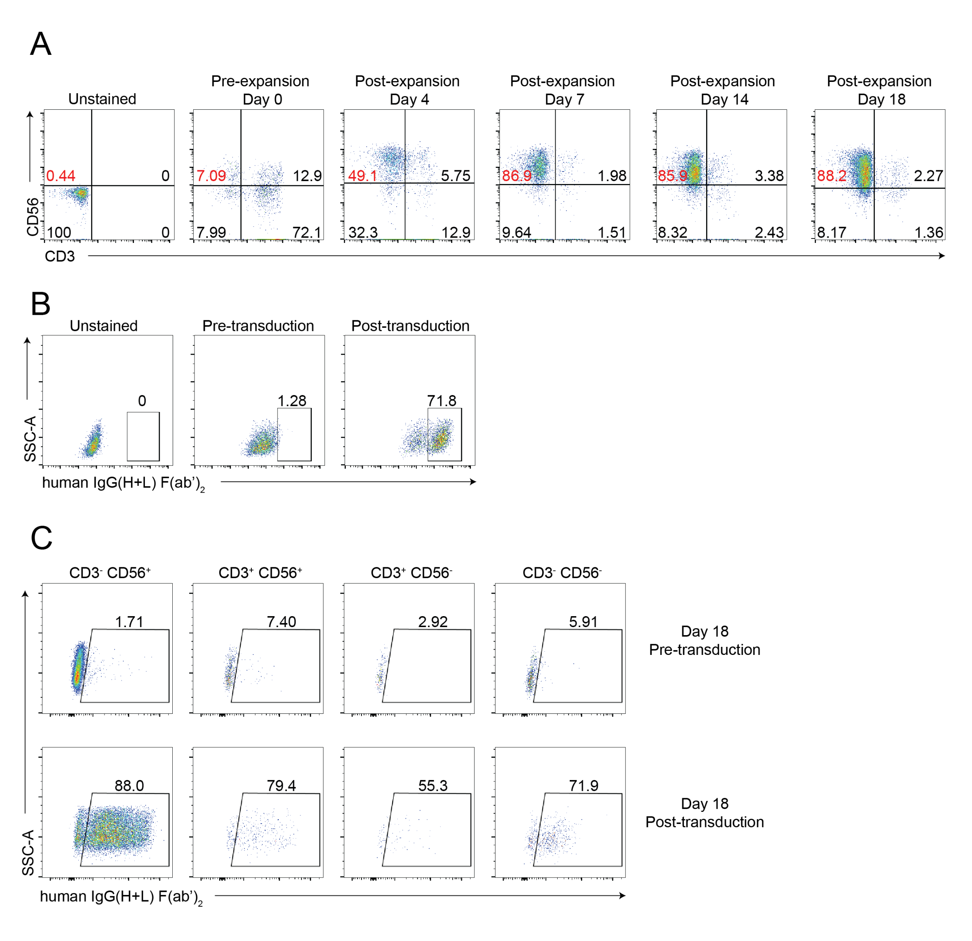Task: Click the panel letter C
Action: (x=41, y=538)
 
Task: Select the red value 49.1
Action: (x=362, y=176)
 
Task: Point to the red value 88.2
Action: (x=832, y=176)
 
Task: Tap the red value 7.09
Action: (x=211, y=176)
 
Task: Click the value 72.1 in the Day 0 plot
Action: (x=307, y=232)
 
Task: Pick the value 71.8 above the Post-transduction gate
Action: (x=441, y=400)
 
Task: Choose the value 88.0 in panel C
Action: (x=129, y=785)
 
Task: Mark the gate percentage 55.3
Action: (x=433, y=785)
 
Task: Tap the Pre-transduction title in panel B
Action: (x=258, y=326)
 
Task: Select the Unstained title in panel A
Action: (x=102, y=99)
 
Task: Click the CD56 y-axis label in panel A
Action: (x=33, y=217)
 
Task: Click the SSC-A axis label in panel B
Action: (x=30, y=439)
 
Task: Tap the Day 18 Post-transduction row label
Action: (x=704, y=813)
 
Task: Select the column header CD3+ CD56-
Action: (x=411, y=573)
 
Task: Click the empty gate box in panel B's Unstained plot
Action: (x=143, y=437)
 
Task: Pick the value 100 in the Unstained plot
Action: (x=59, y=232)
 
